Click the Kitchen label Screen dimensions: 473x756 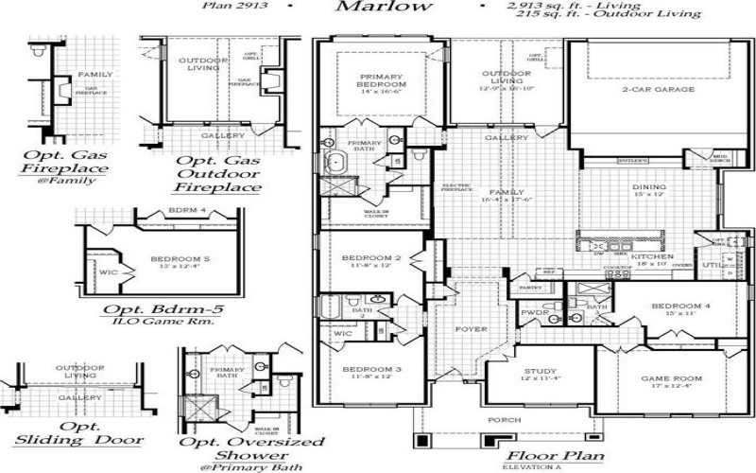651,257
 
